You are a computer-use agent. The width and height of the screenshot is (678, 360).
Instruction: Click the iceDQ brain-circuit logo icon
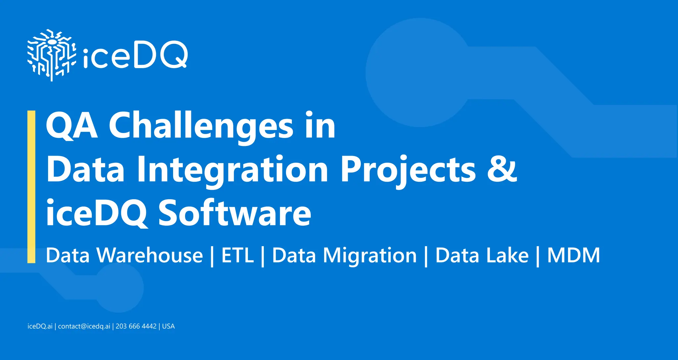(51, 55)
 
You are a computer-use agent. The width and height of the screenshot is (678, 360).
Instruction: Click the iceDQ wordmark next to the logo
(135, 56)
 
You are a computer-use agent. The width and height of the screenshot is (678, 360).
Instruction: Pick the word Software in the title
(235, 213)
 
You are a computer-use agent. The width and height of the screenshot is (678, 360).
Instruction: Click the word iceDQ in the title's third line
(96, 213)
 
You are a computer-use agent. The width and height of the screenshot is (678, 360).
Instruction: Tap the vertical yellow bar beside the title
(31, 187)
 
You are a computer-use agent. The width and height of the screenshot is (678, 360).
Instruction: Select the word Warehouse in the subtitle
(149, 255)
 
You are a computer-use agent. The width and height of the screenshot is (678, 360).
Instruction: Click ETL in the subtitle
(237, 255)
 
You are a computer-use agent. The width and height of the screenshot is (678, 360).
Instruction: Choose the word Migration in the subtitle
(369, 255)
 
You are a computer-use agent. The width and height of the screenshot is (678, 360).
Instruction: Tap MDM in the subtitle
(573, 255)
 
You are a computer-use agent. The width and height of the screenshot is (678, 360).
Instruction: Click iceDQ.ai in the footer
(40, 326)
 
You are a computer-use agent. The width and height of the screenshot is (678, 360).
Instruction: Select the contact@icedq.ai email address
(84, 326)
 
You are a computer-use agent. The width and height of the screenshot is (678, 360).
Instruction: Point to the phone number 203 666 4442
(136, 326)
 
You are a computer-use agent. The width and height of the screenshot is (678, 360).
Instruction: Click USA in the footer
(168, 326)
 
